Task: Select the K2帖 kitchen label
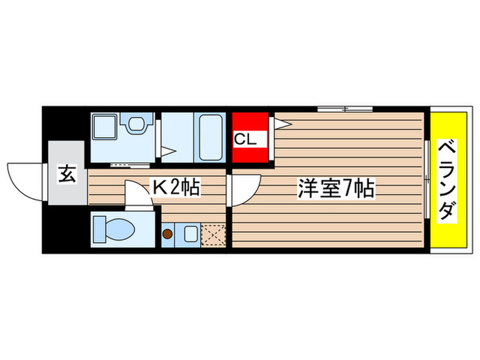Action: click(x=176, y=187)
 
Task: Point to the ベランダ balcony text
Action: click(x=446, y=180)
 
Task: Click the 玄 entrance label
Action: click(x=67, y=175)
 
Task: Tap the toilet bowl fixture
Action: click(x=110, y=228)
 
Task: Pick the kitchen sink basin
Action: click(x=189, y=235)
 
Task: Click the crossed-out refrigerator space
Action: click(x=213, y=235)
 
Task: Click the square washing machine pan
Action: click(x=105, y=128)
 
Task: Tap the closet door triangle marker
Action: click(x=283, y=123)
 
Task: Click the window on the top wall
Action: click(x=345, y=108)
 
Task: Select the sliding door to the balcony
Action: click(x=426, y=180)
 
